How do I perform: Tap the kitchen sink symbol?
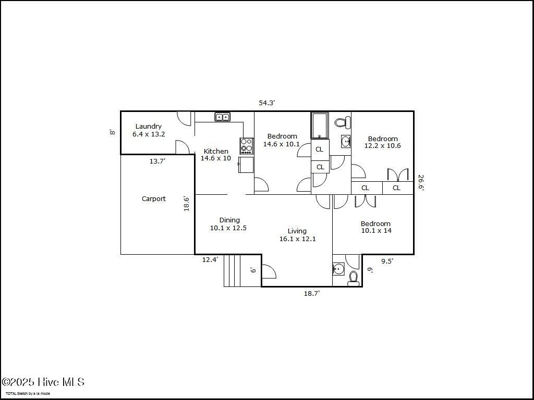[223, 117]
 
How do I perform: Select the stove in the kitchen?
[246, 145]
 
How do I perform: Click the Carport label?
[154, 199]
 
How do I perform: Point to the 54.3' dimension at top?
[266, 103]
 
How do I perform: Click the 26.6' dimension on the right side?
[421, 183]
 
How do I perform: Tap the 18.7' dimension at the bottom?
[312, 294]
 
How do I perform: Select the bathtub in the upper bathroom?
[320, 126]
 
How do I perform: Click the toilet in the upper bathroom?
[342, 123]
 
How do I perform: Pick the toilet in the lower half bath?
[354, 278]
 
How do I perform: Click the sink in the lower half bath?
[338, 269]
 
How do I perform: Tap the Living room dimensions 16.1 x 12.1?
[298, 239]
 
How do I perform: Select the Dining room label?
[229, 220]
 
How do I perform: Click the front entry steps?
[234, 271]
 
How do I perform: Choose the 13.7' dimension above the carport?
[157, 161]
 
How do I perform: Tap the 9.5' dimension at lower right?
[387, 261]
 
